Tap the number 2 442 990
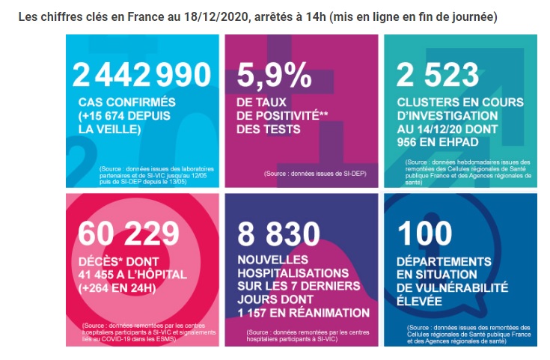point(141,74)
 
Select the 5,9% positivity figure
point(274,74)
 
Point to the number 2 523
point(438,74)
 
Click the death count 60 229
point(129,234)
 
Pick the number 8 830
point(278,234)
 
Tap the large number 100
point(425,234)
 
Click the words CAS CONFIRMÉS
point(127,102)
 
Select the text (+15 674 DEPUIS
point(124,116)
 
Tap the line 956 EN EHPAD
point(438,142)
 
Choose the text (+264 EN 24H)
point(117,288)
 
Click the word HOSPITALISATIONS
point(293,273)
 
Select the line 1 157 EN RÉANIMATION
point(303,313)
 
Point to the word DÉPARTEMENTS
point(444,262)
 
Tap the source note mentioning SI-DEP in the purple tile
point(315,174)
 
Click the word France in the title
point(146,17)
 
